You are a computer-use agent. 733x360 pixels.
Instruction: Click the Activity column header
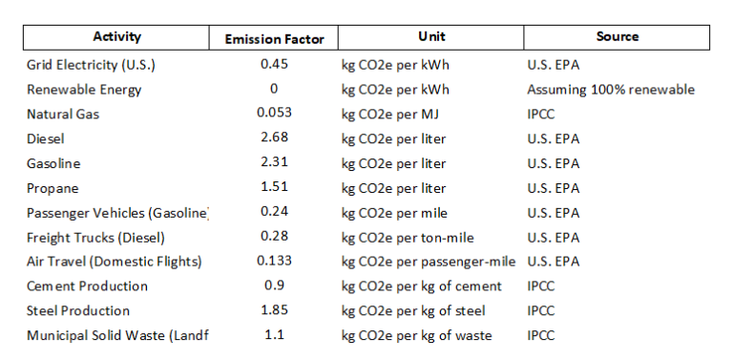point(116,37)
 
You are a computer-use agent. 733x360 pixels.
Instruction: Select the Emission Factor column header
point(274,39)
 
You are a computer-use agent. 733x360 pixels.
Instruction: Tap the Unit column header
point(431,37)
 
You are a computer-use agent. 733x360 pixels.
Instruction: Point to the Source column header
point(618,37)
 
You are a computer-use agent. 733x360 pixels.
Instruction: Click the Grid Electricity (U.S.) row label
point(91,65)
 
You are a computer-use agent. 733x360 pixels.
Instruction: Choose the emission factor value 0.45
point(274,64)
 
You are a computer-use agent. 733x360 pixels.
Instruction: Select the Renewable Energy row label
point(84,90)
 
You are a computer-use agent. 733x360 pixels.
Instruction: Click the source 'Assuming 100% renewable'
point(611,90)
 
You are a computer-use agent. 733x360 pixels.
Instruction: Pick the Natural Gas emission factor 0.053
point(274,114)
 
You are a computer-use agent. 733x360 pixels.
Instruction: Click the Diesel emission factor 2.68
point(274,138)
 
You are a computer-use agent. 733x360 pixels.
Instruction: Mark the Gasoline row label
point(53,164)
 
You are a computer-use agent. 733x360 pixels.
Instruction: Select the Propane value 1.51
point(274,188)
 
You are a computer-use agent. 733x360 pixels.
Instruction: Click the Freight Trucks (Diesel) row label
point(96,238)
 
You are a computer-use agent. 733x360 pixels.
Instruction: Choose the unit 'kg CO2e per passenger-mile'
point(429,262)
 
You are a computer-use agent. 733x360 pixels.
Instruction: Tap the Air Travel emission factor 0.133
point(274,261)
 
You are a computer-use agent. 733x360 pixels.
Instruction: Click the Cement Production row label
point(87,286)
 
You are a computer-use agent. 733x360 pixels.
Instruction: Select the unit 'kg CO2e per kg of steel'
point(413,311)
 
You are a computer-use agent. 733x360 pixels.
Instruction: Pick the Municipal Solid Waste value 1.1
point(274,335)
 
